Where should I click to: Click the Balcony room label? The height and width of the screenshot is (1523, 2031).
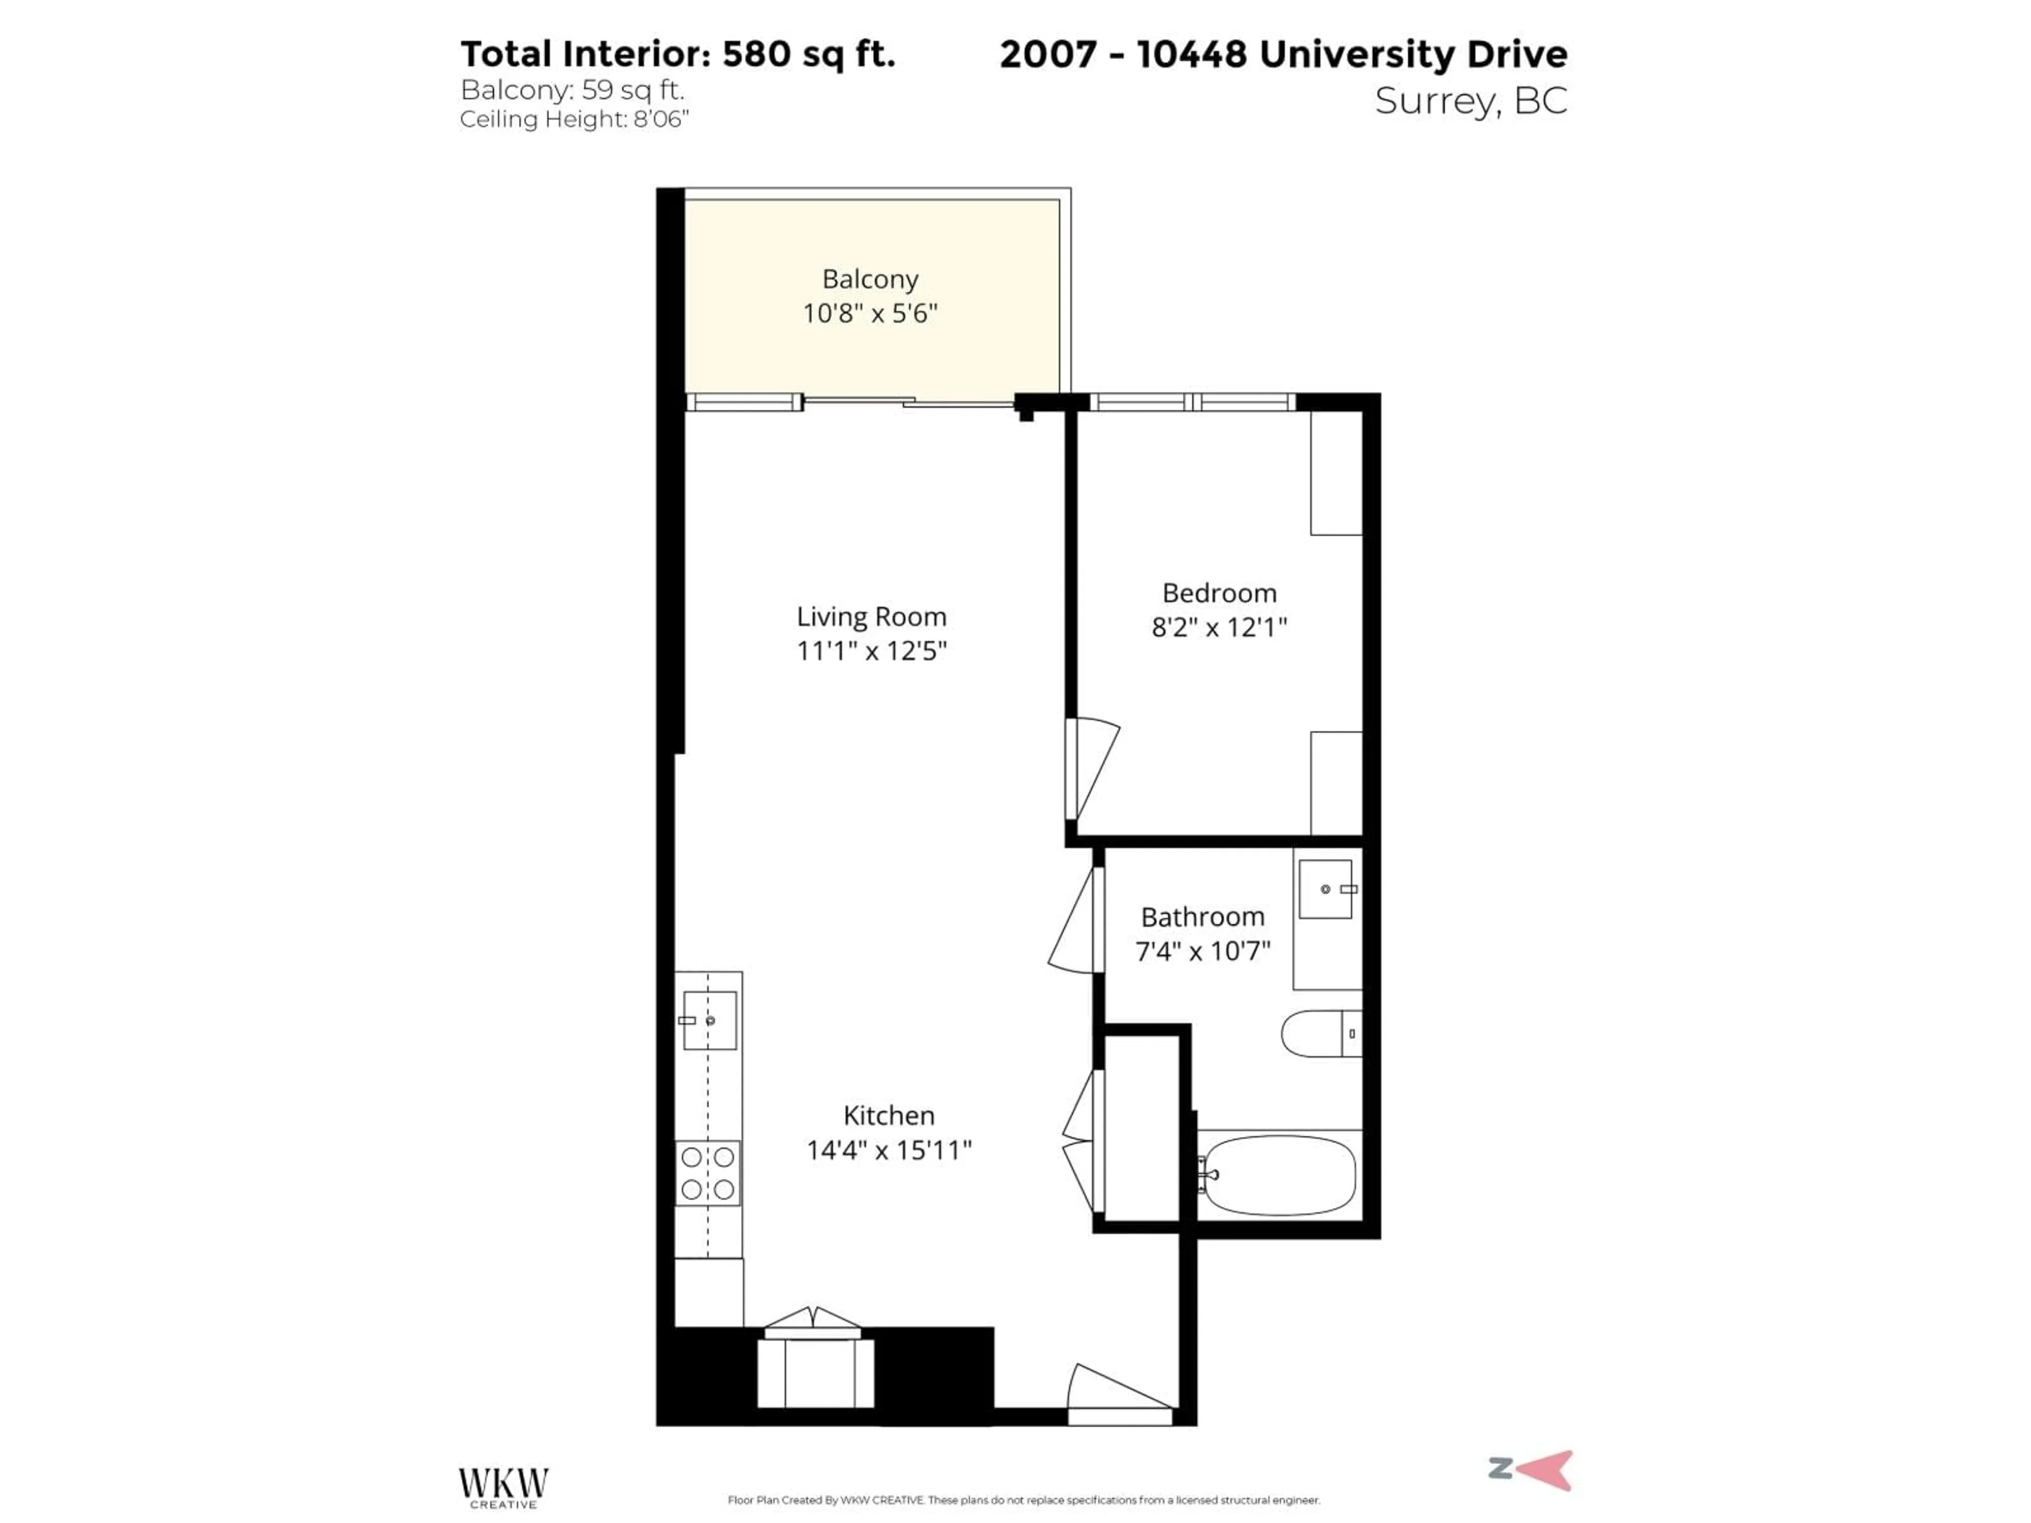point(870,279)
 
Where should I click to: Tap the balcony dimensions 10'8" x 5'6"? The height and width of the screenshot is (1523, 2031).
point(870,314)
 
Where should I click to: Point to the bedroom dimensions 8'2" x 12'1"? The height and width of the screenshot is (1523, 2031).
point(1219,627)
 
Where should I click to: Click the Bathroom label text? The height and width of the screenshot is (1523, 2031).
point(1202,916)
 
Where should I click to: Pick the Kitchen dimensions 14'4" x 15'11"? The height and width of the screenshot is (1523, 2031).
point(888,1150)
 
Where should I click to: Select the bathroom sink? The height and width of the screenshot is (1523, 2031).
point(1325,888)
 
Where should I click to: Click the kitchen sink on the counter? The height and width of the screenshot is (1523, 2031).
point(709,1020)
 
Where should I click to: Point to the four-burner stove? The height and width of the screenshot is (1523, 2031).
point(708,1174)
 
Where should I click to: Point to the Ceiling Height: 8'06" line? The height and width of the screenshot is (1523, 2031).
point(574,120)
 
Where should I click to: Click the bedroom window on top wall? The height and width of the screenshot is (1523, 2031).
point(1192,402)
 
